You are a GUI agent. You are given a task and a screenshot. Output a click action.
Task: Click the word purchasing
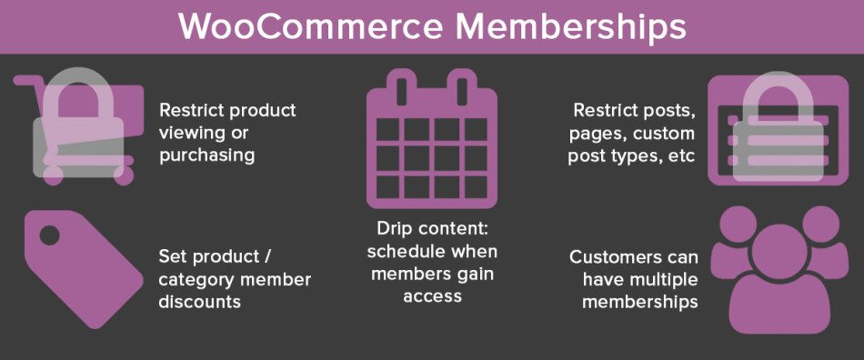[207, 155]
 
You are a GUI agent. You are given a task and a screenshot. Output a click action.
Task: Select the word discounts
[200, 301]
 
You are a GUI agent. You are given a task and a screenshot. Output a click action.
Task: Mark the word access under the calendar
[432, 295]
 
